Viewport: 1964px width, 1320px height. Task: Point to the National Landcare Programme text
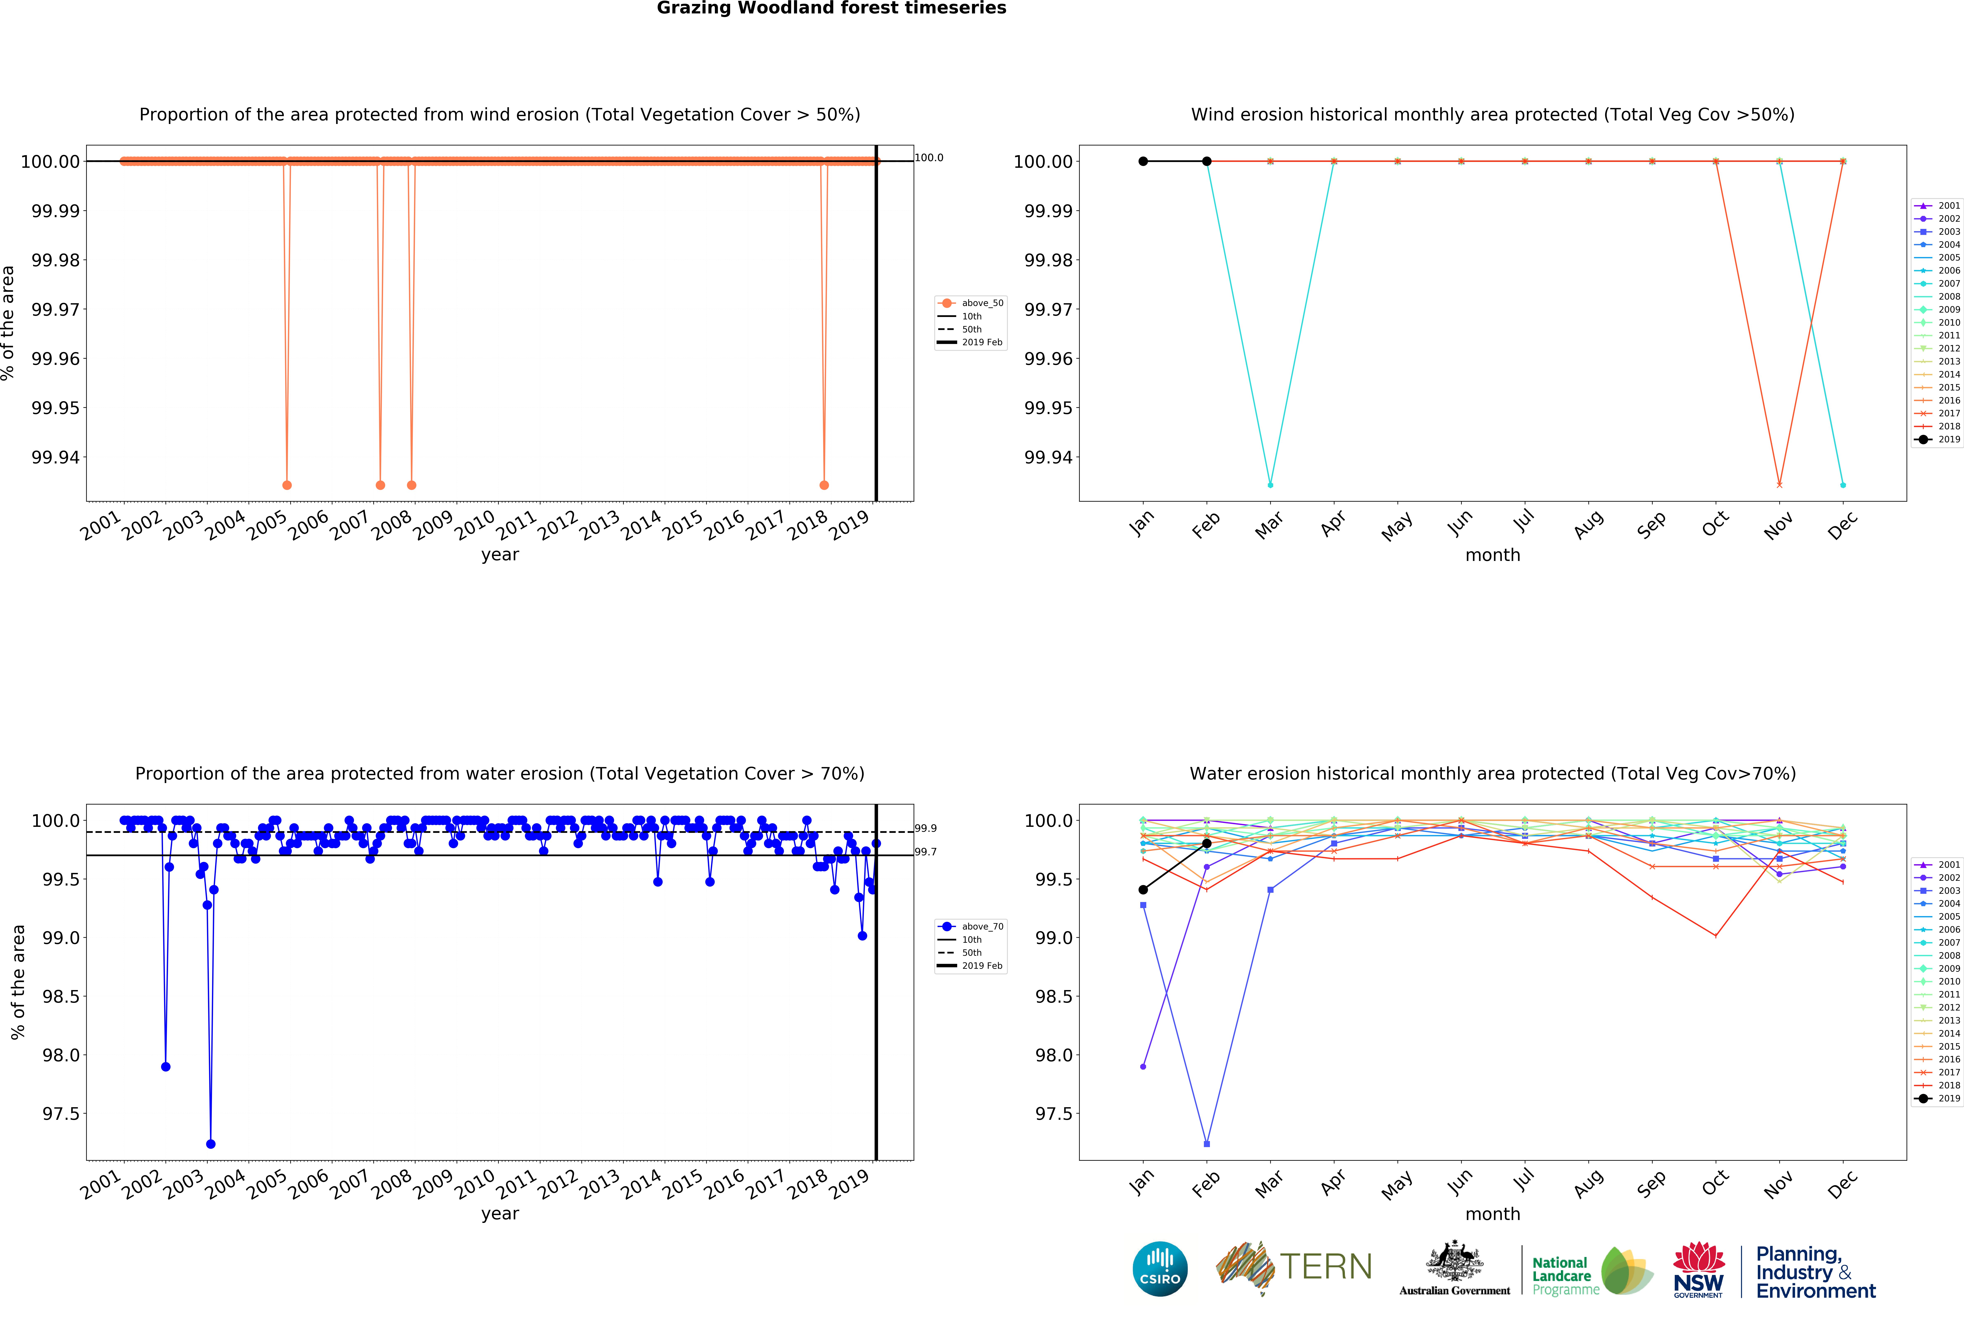1564,1275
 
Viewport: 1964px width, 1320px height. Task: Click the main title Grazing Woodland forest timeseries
831,8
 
